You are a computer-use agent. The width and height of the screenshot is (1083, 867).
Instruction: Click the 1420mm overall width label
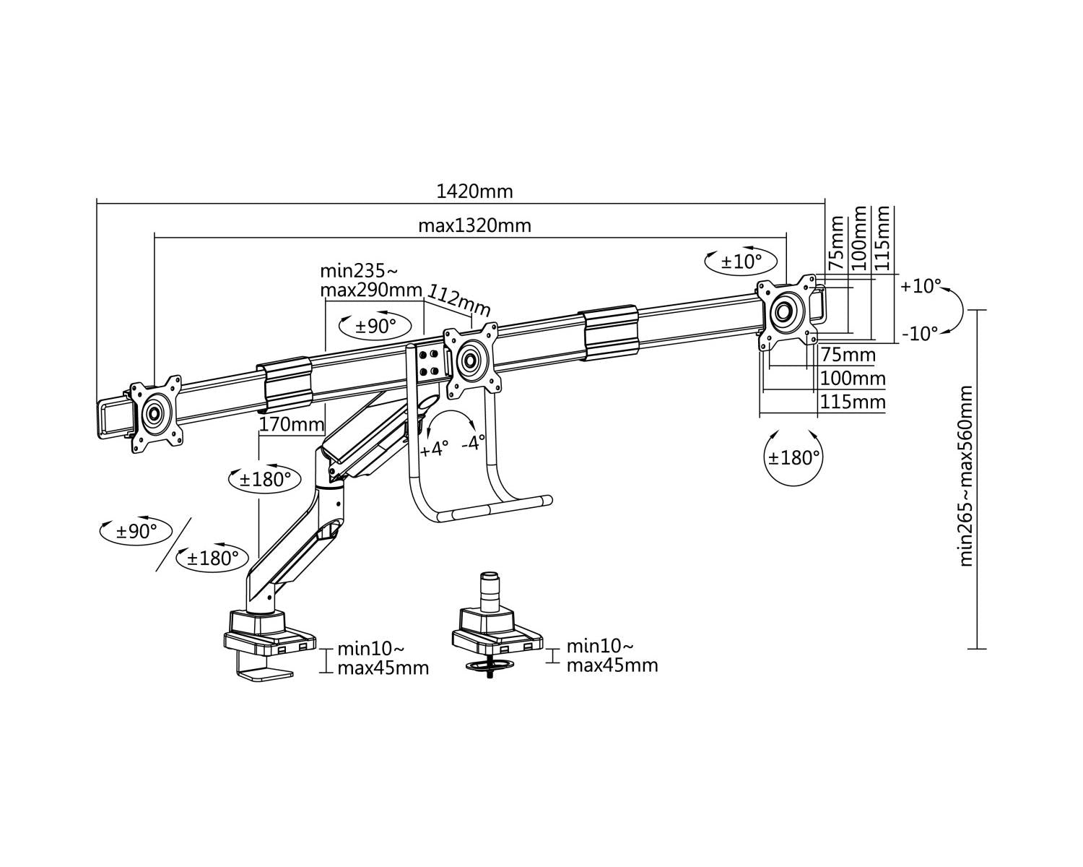[x=474, y=191]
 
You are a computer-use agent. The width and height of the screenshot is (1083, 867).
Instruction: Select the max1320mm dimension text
[x=474, y=225]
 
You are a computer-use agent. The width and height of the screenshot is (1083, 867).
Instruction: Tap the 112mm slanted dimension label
[x=458, y=301]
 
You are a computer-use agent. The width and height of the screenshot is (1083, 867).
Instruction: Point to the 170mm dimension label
[x=291, y=424]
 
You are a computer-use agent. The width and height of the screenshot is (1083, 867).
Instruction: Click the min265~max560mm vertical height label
[x=966, y=476]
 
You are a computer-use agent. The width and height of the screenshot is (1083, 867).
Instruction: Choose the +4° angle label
[x=434, y=449]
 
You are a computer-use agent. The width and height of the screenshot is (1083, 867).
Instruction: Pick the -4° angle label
[x=473, y=443]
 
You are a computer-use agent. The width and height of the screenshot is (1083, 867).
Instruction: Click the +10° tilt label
[x=921, y=285]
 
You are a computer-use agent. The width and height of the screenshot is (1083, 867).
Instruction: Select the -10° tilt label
[x=919, y=333]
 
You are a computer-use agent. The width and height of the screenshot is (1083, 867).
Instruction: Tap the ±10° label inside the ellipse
[x=741, y=262]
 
